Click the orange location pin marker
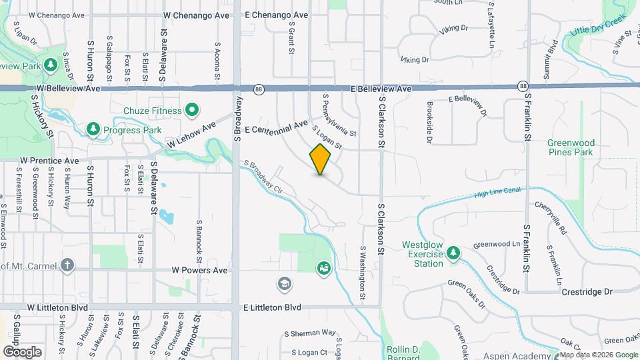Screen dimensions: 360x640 point(321,159)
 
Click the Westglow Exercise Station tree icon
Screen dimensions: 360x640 point(453,252)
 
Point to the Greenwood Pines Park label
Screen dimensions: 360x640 point(570,147)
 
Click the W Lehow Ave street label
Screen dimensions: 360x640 point(192,135)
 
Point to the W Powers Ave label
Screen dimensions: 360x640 point(200,271)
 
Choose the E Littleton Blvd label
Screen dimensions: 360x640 point(272,307)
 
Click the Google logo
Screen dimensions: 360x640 point(22,351)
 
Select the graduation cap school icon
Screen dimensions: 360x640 point(284,284)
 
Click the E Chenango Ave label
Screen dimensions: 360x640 point(276,15)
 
